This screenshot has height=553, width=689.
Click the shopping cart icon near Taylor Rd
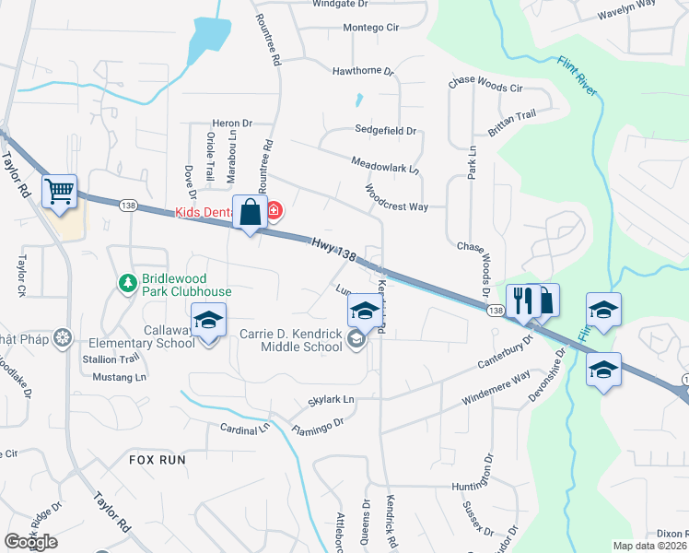click(59, 192)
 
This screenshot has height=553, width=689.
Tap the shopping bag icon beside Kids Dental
click(250, 213)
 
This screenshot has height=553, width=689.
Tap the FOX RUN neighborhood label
click(157, 459)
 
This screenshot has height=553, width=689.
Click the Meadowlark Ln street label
click(385, 166)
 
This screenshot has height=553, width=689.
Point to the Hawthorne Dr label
click(363, 71)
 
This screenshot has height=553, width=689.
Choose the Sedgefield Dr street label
click(386, 131)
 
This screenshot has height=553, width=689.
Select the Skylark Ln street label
click(330, 401)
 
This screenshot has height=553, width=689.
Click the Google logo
click(30, 542)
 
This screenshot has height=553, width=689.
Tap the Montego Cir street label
click(370, 28)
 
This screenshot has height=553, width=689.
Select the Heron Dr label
click(231, 124)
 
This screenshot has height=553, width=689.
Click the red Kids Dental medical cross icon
click(274, 213)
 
